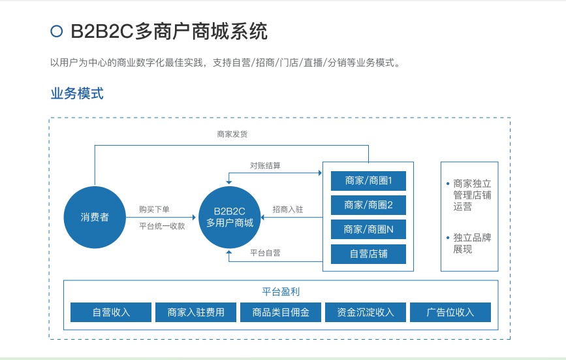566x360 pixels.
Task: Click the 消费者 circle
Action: click(x=95, y=217)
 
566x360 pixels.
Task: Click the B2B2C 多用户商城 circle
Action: click(x=229, y=217)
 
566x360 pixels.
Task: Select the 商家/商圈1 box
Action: click(x=368, y=180)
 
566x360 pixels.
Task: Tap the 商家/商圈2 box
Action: click(x=368, y=205)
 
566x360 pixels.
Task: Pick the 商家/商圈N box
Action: click(x=368, y=229)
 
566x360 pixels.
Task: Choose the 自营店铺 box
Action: click(x=368, y=254)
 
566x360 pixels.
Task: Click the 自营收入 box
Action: click(x=111, y=312)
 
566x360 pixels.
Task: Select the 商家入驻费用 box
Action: click(x=196, y=312)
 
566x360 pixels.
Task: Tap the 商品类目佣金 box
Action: click(x=281, y=312)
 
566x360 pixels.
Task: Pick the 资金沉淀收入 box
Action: click(x=366, y=312)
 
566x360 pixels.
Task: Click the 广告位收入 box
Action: click(x=450, y=312)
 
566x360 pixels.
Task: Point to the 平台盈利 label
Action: click(x=281, y=291)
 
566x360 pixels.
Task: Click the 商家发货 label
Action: click(x=232, y=134)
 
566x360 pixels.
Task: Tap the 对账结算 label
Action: click(x=265, y=165)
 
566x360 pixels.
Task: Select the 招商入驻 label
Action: click(x=287, y=210)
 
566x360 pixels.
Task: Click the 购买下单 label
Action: click(x=154, y=210)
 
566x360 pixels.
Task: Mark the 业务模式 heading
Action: click(x=77, y=93)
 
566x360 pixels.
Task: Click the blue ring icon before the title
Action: click(x=57, y=31)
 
